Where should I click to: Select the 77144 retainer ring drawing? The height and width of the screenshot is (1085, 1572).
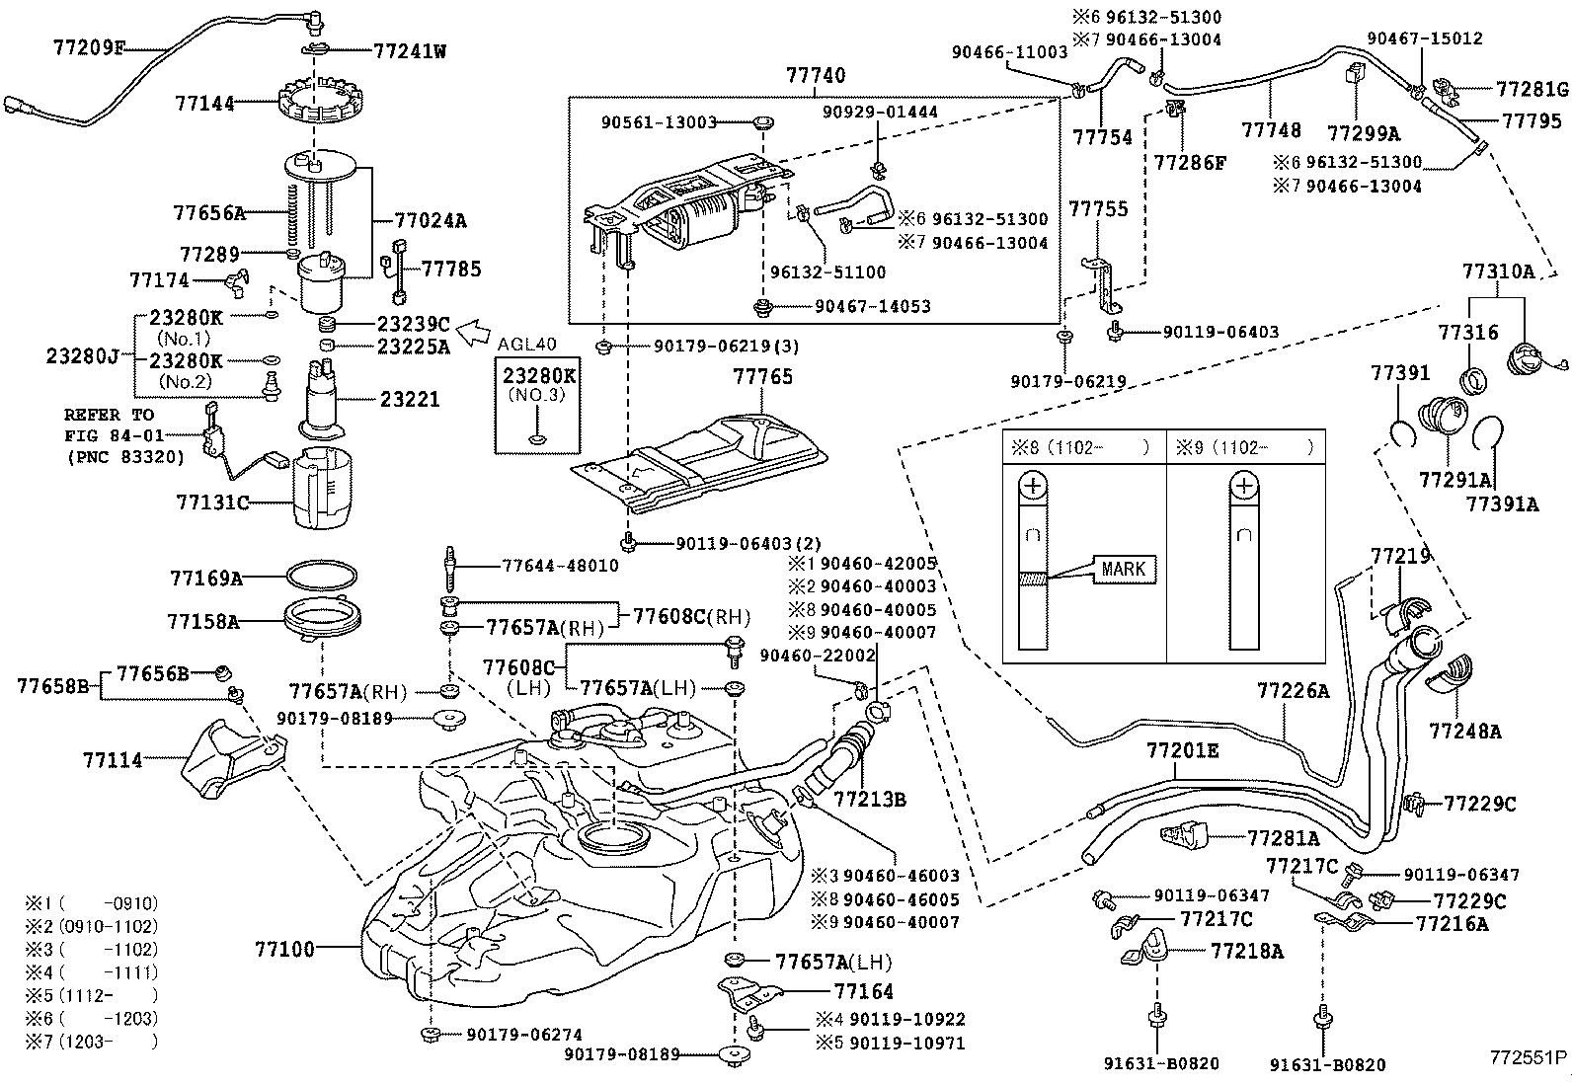(x=313, y=101)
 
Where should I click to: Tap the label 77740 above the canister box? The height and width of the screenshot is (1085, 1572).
(x=815, y=75)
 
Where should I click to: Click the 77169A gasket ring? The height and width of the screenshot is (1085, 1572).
(x=322, y=576)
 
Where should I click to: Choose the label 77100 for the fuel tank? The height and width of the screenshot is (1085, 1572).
(x=284, y=949)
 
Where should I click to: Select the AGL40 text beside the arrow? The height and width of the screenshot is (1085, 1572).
(x=526, y=345)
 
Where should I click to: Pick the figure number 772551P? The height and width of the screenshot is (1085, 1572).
(x=1529, y=1055)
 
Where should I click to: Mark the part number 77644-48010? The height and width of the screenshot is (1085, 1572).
(x=560, y=566)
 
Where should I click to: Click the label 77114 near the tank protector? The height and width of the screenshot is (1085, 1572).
(x=113, y=759)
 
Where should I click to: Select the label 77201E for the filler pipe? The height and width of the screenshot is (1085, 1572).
(x=1182, y=750)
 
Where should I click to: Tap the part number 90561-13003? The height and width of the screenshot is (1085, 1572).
(x=659, y=122)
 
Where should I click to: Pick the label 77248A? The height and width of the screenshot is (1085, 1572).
(x=1464, y=732)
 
